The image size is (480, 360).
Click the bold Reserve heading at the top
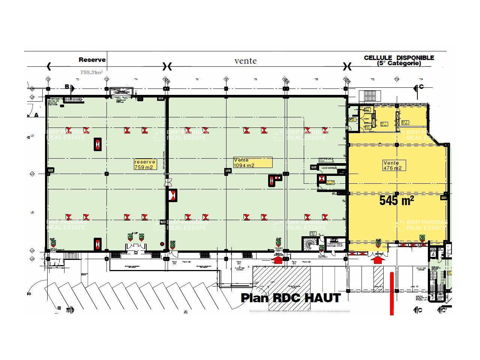(x=92, y=60)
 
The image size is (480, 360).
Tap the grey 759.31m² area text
(x=91, y=72)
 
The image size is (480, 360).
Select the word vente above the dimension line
(x=246, y=61)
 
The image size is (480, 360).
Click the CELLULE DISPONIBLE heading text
(x=399, y=58)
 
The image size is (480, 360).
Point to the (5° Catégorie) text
(x=399, y=64)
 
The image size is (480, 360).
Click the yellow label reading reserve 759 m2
(x=145, y=165)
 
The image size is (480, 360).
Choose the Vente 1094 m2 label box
(x=252, y=162)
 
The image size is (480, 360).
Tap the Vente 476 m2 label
(x=394, y=165)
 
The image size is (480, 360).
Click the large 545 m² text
(x=396, y=200)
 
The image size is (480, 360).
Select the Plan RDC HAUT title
(x=291, y=298)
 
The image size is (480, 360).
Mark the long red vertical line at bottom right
(x=392, y=293)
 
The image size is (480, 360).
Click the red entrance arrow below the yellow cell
(x=378, y=259)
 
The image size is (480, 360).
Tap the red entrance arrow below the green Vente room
(x=278, y=259)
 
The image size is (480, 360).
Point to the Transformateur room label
(x=335, y=244)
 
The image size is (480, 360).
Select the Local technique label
(x=329, y=168)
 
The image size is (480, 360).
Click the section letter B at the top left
(x=67, y=87)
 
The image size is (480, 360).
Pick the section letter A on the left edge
(x=36, y=115)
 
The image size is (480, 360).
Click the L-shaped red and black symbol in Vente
(x=274, y=180)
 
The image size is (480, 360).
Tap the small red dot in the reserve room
(x=162, y=244)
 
